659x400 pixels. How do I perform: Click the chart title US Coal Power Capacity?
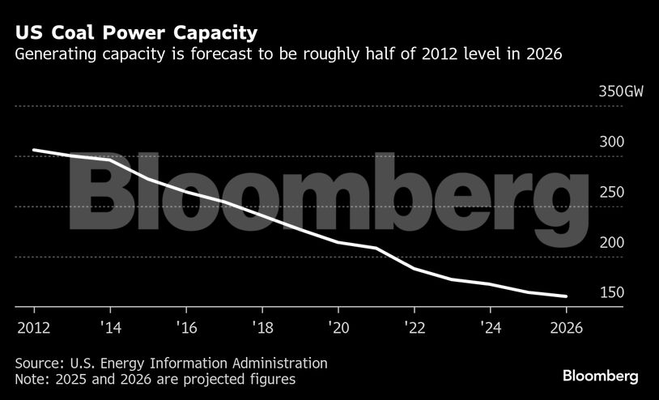pos(135,33)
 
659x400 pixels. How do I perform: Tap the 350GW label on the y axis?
pos(621,91)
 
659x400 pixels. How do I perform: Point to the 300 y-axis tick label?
pos(611,142)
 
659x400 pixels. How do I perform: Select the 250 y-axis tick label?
pos(611,192)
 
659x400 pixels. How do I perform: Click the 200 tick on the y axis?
pos(611,242)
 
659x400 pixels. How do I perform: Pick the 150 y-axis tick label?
pos(611,292)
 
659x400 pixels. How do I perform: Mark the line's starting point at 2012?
pos(34,150)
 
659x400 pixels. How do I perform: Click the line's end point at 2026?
pos(566,296)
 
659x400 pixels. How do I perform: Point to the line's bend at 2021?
pos(376,248)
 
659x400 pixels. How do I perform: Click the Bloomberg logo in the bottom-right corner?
pos(601,376)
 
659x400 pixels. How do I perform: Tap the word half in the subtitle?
pos(376,55)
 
